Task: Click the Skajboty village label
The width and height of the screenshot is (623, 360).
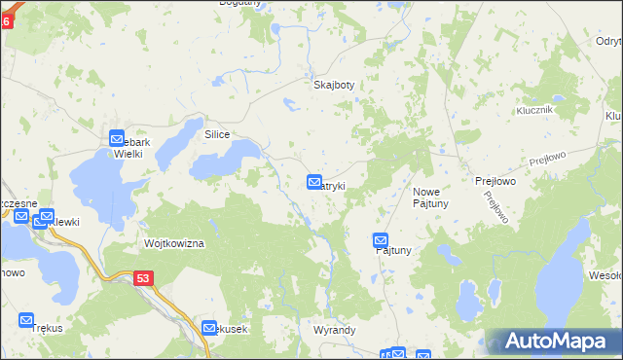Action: coord(333,85)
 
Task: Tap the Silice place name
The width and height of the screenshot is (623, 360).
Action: coord(216,134)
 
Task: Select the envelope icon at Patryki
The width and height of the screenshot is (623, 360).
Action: coord(314,182)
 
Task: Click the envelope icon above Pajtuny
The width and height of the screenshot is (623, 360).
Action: coord(381,240)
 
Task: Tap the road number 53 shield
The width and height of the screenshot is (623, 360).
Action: coord(144,279)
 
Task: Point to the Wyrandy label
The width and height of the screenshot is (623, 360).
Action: coord(334,330)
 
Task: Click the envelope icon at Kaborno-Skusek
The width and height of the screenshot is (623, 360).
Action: coord(208,328)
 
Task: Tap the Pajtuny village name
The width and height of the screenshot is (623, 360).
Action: coord(394,251)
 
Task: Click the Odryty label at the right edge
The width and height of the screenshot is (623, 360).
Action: coord(606,41)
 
